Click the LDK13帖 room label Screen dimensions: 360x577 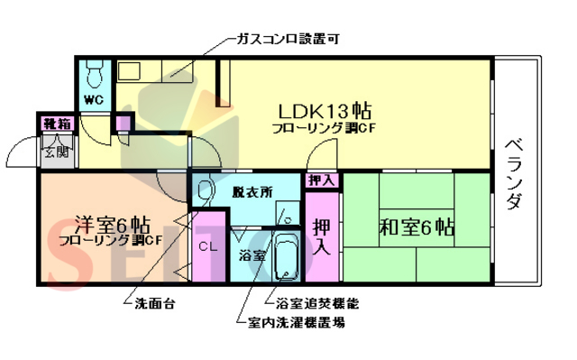coord(324,111)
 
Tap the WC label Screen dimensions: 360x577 coord(94,99)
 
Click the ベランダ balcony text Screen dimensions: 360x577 coord(514,171)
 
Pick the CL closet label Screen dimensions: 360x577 coord(207,245)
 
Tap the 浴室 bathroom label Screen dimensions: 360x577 coord(252,255)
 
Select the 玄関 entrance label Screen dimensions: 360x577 coord(53,152)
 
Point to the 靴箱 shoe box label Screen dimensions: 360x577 coord(51,122)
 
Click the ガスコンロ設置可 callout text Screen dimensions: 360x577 coord(287,40)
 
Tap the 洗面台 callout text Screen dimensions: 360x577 coord(154,303)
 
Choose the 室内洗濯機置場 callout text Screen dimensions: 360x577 coord(296,321)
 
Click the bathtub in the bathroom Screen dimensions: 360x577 coord(286,258)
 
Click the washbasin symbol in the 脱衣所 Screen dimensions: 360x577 coord(206,191)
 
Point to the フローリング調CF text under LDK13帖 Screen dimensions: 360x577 coord(324,129)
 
